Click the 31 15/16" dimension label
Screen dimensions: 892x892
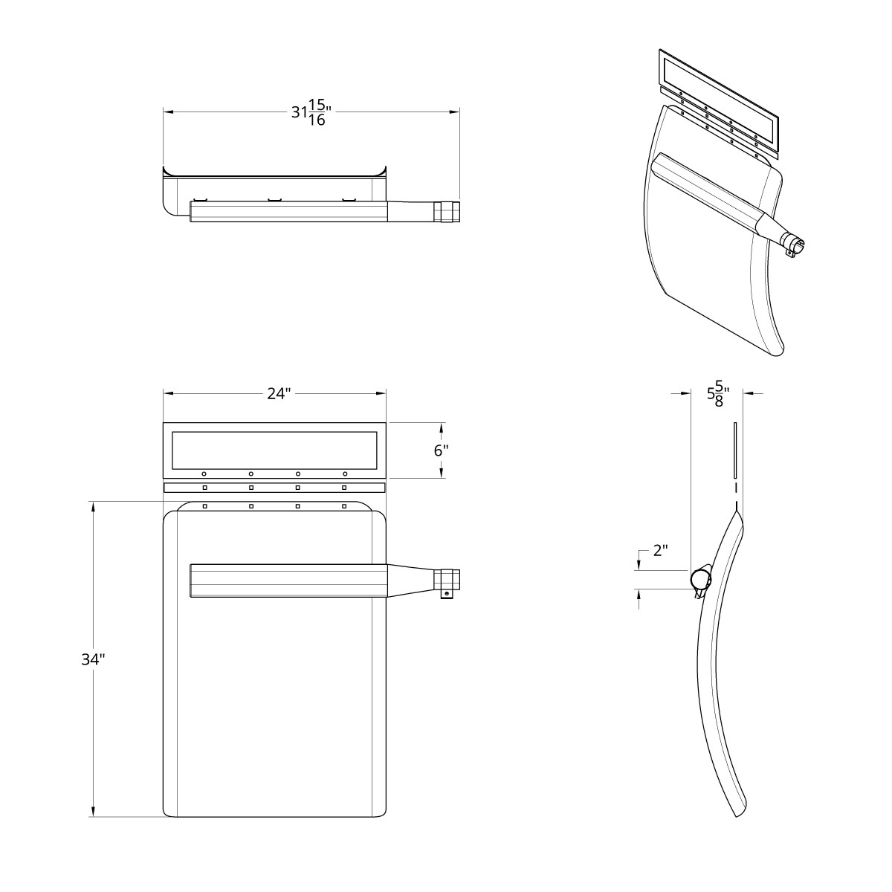[x=311, y=113]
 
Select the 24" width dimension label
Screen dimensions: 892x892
[x=278, y=394]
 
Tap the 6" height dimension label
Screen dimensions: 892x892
[x=441, y=450]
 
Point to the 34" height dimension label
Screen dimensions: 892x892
[x=93, y=659]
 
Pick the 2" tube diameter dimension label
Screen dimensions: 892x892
[x=660, y=551]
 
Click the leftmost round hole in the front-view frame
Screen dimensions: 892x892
[x=204, y=474]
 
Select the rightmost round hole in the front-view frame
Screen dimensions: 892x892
[x=345, y=474]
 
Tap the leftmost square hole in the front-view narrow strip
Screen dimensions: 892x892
[x=204, y=488]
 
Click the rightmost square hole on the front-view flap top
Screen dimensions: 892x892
[x=344, y=506]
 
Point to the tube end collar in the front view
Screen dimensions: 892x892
[x=447, y=579]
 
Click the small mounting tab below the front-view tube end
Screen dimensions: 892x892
[x=446, y=595]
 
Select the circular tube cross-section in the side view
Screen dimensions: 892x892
[x=699, y=578]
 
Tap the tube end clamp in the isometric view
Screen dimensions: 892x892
[x=793, y=246]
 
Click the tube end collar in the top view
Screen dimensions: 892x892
[x=447, y=212]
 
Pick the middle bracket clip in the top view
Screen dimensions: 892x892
[x=274, y=199]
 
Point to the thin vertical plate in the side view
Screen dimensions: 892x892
[x=734, y=450]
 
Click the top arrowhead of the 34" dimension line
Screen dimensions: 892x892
[x=93, y=506]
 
